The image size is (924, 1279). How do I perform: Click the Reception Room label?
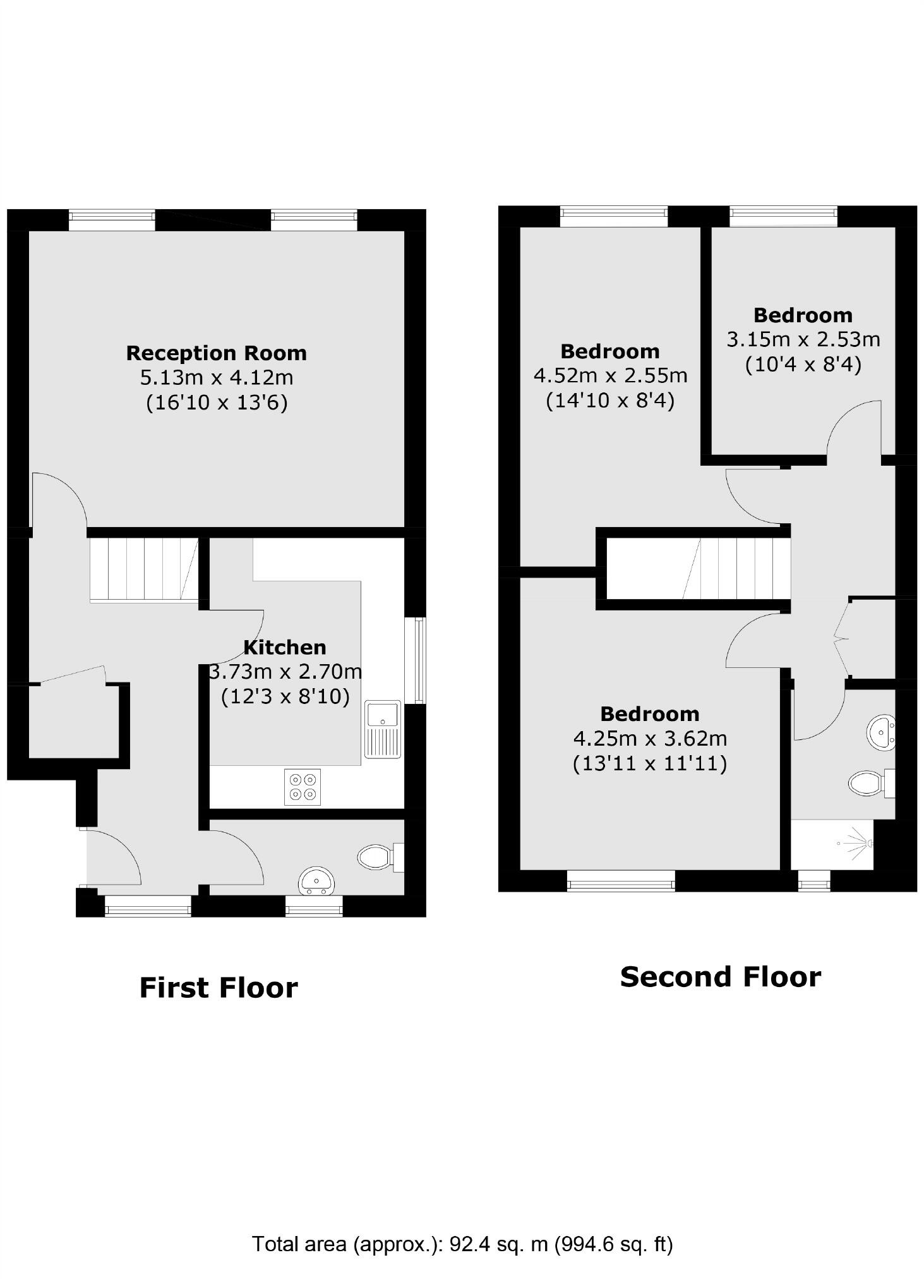click(216, 353)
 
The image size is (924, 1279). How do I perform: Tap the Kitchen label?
click(285, 647)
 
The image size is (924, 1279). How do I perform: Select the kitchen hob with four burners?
click(303, 787)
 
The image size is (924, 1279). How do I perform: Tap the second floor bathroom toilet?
click(870, 784)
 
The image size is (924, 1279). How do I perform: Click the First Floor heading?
click(218, 988)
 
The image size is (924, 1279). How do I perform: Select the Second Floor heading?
click(720, 977)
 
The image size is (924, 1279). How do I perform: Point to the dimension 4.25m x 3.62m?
click(650, 738)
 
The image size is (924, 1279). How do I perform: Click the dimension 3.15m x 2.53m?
click(803, 339)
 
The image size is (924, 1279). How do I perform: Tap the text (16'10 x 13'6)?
click(217, 403)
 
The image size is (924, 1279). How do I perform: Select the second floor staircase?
click(736, 568)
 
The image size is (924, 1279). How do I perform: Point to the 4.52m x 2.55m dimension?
click(610, 375)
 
